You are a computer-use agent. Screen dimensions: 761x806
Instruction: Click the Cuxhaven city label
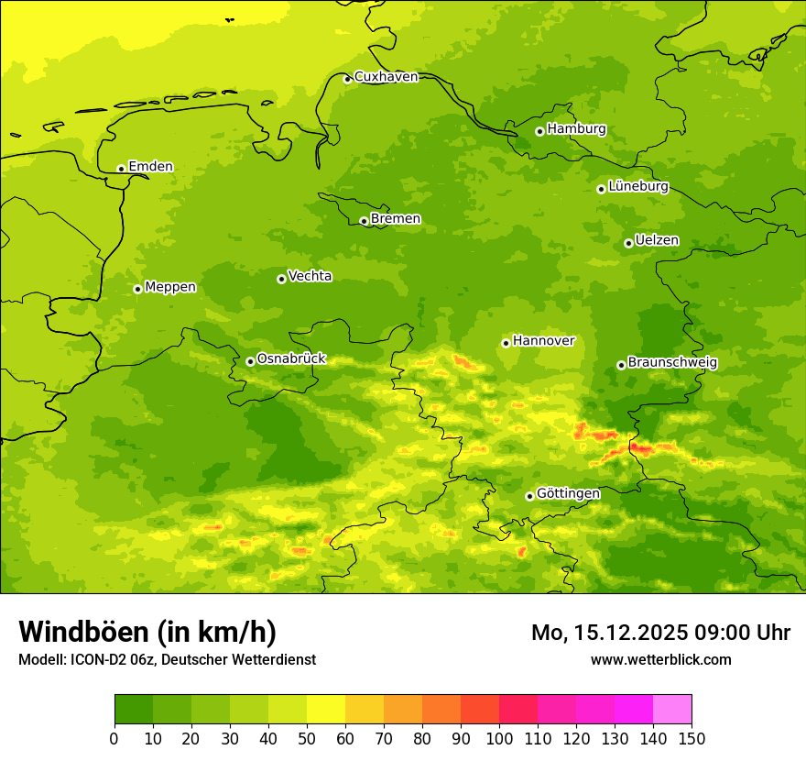click(386, 77)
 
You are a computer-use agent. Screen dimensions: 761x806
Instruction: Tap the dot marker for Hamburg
click(539, 131)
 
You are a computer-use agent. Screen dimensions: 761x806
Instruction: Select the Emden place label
click(150, 167)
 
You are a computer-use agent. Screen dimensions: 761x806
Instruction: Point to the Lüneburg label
click(638, 187)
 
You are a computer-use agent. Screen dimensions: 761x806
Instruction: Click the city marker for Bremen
click(364, 221)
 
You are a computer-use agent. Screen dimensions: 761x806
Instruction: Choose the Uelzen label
click(657, 241)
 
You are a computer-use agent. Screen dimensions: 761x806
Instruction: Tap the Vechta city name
click(310, 276)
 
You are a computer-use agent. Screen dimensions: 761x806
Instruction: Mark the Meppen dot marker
click(137, 289)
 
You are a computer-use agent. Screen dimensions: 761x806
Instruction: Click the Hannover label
click(543, 341)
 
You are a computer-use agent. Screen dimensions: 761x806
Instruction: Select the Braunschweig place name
click(672, 363)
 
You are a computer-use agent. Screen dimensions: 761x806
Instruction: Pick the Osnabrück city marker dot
click(250, 361)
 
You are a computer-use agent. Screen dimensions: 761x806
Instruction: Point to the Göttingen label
click(568, 494)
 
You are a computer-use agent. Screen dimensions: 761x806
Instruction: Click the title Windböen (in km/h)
click(147, 632)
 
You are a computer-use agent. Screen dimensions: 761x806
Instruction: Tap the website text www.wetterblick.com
click(660, 659)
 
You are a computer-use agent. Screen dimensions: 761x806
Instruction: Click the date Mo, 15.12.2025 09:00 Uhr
click(660, 633)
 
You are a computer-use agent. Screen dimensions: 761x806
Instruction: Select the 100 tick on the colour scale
click(499, 738)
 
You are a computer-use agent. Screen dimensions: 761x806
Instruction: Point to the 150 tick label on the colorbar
click(692, 738)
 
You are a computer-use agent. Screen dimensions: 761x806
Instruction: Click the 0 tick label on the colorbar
click(114, 738)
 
